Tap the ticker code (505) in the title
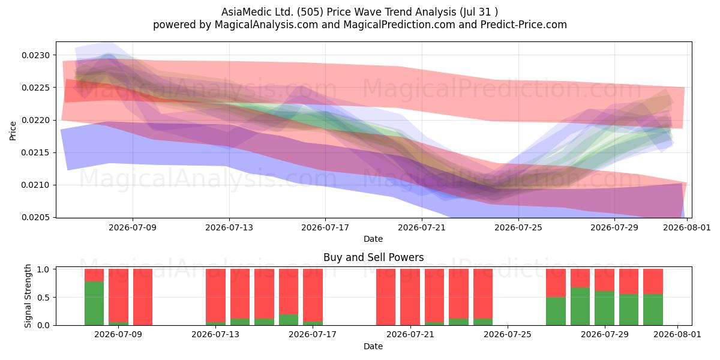[x=310, y=12]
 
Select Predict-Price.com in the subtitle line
[x=524, y=25]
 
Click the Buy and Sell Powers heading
[x=373, y=257]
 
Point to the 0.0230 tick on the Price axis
[x=36, y=55]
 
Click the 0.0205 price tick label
[x=36, y=217]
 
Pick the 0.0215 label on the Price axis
[x=36, y=152]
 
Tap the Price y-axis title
[x=13, y=131]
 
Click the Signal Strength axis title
[x=28, y=296]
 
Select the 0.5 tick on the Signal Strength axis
[x=44, y=298]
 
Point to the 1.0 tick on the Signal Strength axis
[x=44, y=269]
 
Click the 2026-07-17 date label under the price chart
[x=325, y=227]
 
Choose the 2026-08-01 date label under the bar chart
[x=677, y=334]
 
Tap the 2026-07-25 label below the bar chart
[x=508, y=334]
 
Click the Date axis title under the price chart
[x=373, y=239]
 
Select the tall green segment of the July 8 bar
[x=94, y=304]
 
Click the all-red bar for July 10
[x=143, y=297]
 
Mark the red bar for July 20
[x=386, y=297]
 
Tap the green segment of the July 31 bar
[x=653, y=310]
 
